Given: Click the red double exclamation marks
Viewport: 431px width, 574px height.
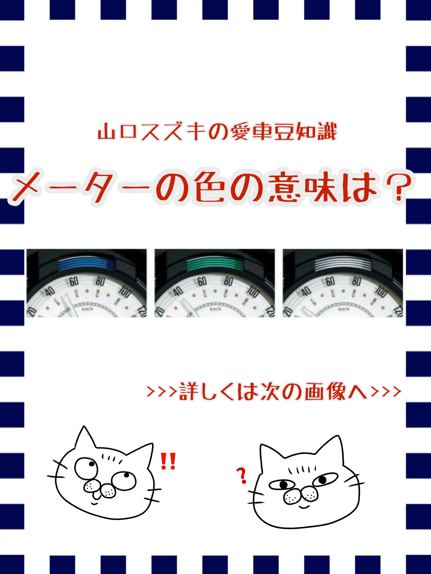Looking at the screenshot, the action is click(x=168, y=461).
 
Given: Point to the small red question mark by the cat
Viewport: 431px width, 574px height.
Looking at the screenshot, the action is click(x=242, y=476).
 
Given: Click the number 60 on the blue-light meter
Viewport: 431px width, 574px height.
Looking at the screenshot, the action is click(x=74, y=281).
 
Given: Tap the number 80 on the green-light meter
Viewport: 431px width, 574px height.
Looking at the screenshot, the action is click(x=228, y=281).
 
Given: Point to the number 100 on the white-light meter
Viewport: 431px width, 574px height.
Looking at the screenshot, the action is click(x=381, y=292).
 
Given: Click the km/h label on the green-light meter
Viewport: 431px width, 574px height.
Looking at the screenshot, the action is click(x=215, y=309).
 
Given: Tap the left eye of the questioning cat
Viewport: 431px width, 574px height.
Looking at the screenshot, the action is click(x=282, y=485).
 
